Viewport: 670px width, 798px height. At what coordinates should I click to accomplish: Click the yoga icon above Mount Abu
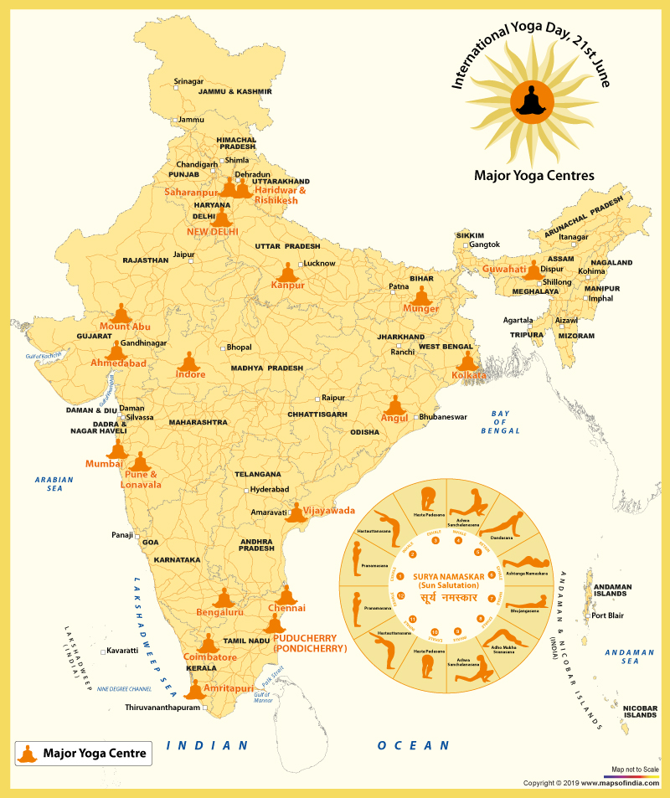(122, 312)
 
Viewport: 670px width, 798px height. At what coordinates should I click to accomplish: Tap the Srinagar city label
(188, 81)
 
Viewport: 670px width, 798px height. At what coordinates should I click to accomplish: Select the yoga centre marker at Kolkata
(466, 361)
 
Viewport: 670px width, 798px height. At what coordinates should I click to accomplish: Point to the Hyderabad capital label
(269, 489)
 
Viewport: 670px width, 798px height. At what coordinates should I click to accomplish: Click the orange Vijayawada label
(328, 510)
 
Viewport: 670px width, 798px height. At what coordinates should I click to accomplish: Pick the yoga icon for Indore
(190, 362)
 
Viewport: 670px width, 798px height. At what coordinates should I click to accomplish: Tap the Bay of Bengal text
(501, 422)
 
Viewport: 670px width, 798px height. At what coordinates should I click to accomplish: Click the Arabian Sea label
(54, 484)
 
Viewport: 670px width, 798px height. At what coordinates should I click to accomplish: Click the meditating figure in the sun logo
(532, 100)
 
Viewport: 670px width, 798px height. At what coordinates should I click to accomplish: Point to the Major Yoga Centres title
(533, 176)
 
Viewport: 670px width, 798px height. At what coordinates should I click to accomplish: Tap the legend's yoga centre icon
(28, 754)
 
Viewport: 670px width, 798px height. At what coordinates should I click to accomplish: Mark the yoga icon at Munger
(421, 296)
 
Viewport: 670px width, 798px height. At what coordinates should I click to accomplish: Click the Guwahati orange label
(504, 270)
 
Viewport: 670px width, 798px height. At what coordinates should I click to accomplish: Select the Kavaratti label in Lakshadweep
(123, 651)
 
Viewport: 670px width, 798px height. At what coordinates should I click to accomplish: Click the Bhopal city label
(239, 347)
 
